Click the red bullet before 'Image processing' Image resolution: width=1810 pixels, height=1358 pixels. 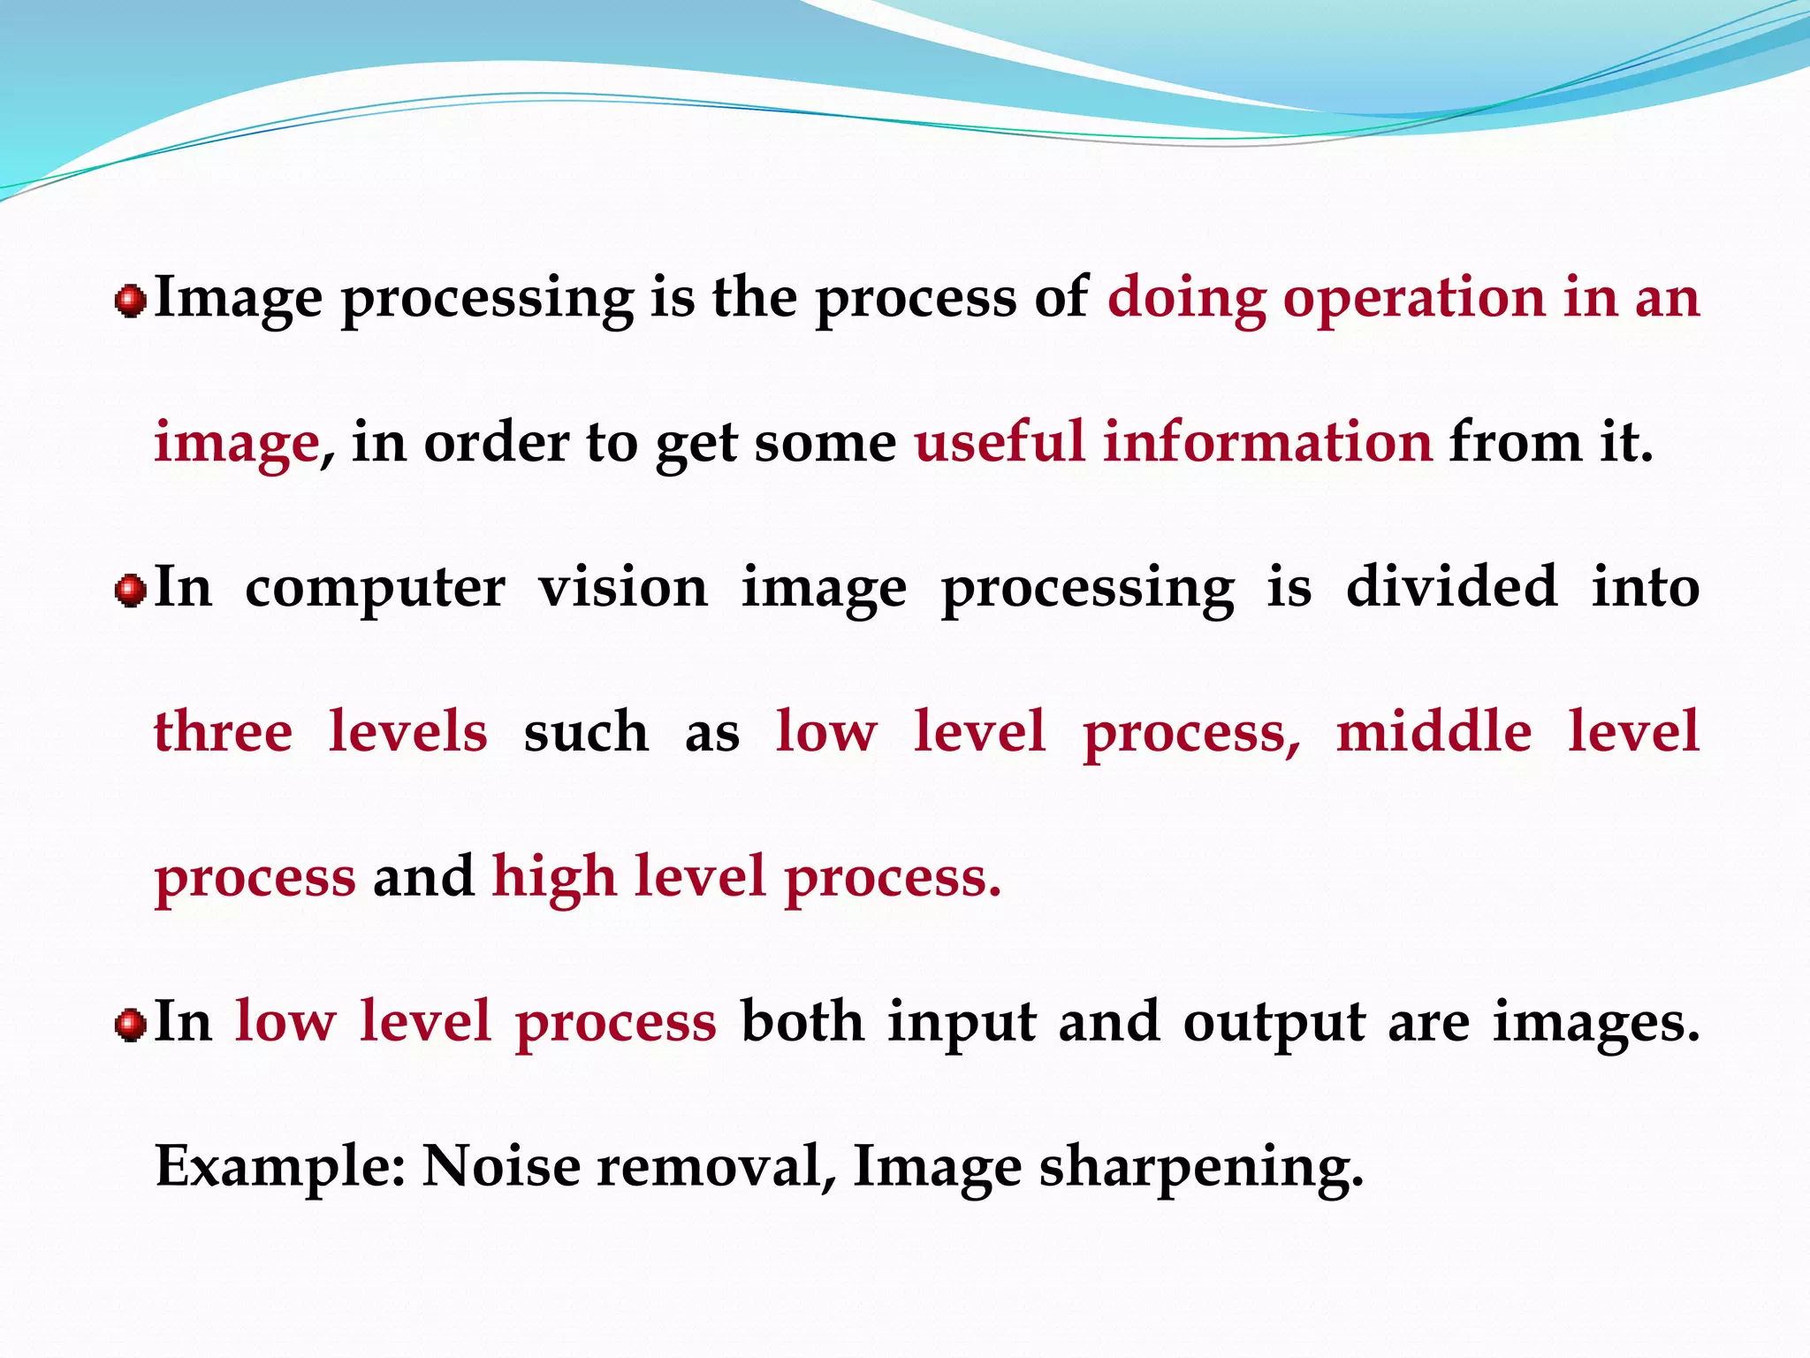point(131,301)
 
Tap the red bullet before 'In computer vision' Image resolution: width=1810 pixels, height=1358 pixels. point(131,590)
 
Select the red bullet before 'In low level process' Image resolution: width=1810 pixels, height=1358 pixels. point(131,1025)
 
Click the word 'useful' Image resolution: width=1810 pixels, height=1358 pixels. point(999,442)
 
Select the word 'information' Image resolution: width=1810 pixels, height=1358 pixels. point(1267,442)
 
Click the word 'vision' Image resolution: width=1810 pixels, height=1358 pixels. point(623,588)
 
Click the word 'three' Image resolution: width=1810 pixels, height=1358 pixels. point(223,732)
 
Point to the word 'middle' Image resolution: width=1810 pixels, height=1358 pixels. point(1434,732)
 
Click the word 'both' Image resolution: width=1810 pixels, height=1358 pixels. point(802,1022)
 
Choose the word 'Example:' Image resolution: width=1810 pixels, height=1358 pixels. point(280,1168)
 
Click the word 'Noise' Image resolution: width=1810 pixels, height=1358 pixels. point(500,1167)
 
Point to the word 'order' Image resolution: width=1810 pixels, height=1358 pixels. point(497,442)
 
